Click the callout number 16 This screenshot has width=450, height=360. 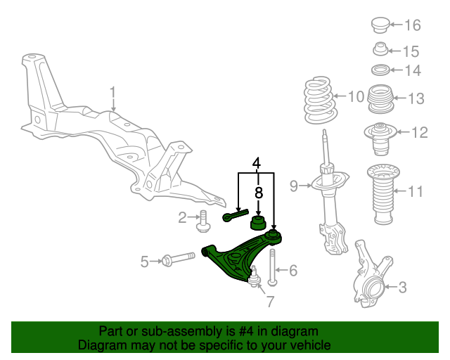[x=413, y=25]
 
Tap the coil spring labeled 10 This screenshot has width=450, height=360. [x=319, y=100]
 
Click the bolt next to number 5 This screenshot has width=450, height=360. [x=178, y=258]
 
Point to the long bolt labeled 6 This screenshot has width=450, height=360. [x=272, y=268]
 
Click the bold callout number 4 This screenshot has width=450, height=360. [x=256, y=163]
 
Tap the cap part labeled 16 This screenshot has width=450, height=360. [x=381, y=25]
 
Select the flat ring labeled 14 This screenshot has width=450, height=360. [x=381, y=70]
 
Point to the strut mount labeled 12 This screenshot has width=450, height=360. [x=380, y=139]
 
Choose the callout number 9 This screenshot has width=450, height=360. [x=294, y=186]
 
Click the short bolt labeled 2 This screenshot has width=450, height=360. [x=203, y=221]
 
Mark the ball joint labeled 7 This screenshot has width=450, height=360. [x=254, y=278]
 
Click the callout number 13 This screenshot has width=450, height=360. [x=416, y=98]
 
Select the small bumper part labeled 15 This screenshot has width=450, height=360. [x=380, y=49]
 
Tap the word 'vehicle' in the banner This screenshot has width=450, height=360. [x=313, y=345]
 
